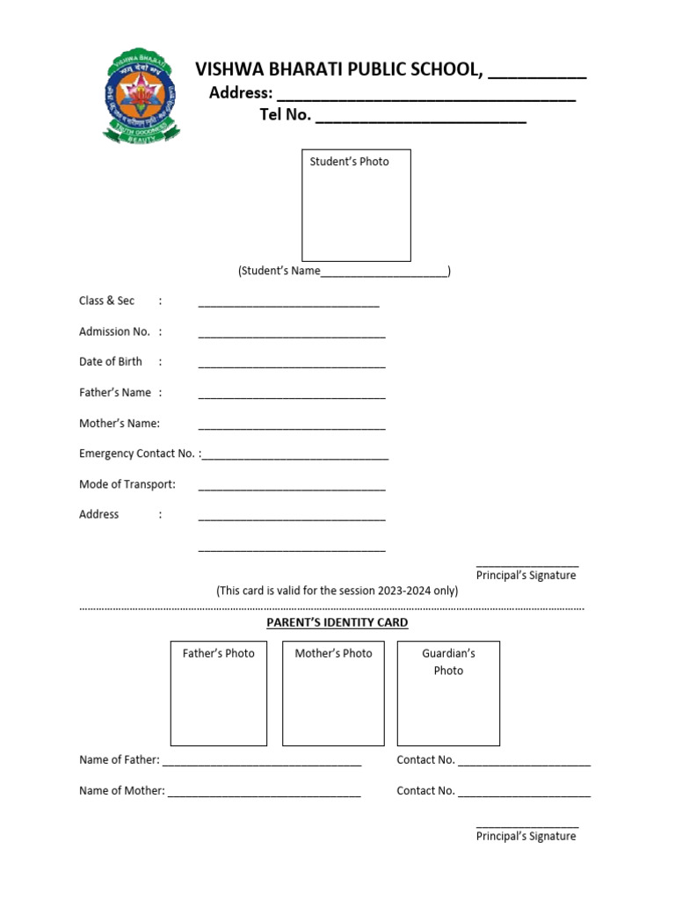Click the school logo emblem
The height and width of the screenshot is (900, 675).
pyautogui.click(x=142, y=96)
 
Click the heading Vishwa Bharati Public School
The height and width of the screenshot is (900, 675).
pyautogui.click(x=338, y=69)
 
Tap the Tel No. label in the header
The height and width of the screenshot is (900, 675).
pyautogui.click(x=286, y=115)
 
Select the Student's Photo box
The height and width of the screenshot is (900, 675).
pyautogui.click(x=356, y=205)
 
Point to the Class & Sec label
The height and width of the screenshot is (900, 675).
pyautogui.click(x=106, y=301)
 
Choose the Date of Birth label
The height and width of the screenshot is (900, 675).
pyautogui.click(x=110, y=361)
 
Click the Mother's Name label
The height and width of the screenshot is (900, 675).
pyautogui.click(x=120, y=423)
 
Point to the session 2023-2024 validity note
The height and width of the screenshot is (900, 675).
pyautogui.click(x=337, y=591)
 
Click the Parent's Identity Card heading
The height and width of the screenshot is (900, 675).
pyautogui.click(x=337, y=622)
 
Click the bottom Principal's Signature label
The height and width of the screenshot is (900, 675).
pyautogui.click(x=526, y=836)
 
